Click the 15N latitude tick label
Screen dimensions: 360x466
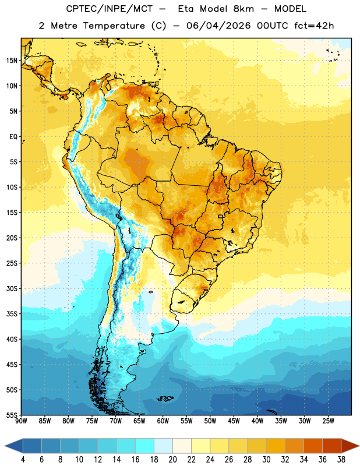coord(12,61)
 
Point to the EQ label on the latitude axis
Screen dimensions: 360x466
coord(13,137)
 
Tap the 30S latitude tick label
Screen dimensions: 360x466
coord(12,288)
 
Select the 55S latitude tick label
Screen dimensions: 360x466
coord(12,415)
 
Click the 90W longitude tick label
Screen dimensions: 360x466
coord(21,421)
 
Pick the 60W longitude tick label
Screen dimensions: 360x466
coord(163,421)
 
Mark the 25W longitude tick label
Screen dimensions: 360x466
coord(328,421)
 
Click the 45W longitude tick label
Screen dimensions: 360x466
coord(234,421)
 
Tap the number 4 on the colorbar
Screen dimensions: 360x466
coord(23,460)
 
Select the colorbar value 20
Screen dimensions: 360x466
coord(172,460)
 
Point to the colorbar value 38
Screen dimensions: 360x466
coord(341,460)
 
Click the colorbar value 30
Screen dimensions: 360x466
coord(266,460)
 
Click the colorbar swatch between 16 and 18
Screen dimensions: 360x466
coord(144,446)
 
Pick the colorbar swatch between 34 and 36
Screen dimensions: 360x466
coord(313,446)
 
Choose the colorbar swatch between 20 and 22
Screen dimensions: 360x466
coord(182,446)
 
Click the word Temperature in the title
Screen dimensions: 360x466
coord(114,26)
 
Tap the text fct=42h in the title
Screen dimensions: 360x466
coord(314,26)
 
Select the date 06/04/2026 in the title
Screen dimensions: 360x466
coord(218,26)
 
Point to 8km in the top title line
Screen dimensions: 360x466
coord(243,9)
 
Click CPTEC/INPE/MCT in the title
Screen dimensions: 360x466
coord(110,9)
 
